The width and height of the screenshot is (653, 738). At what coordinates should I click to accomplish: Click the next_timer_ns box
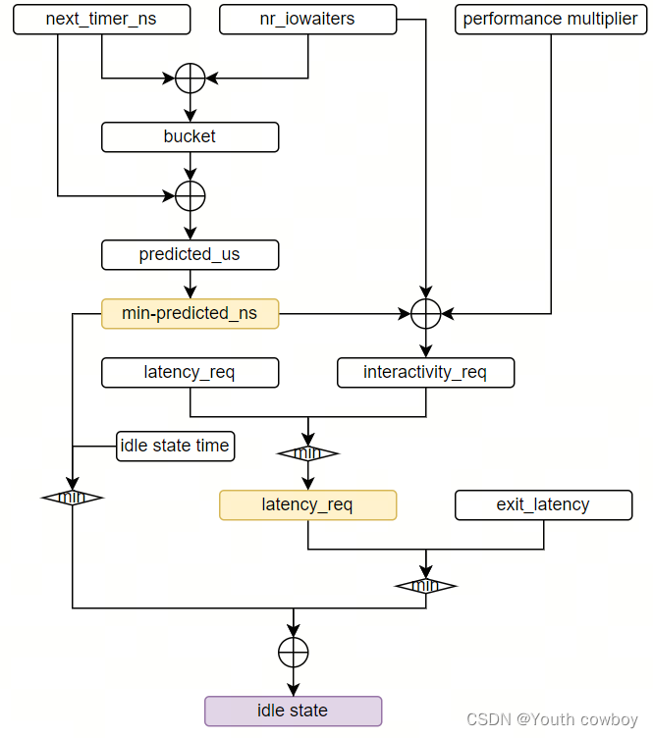coord(101,20)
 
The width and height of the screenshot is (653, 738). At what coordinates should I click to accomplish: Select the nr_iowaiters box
coord(307,20)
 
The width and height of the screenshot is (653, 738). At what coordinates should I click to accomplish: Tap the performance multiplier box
coord(550,20)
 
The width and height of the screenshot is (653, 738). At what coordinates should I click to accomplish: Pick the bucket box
coord(190,137)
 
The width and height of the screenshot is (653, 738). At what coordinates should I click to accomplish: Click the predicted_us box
coord(190,255)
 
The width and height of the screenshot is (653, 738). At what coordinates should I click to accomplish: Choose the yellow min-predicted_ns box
coord(190,314)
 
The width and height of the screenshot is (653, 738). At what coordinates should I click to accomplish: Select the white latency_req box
coord(190,373)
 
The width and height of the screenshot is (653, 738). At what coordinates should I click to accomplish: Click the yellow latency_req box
coord(307,505)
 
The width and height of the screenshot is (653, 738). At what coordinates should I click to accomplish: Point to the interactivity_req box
coord(425,373)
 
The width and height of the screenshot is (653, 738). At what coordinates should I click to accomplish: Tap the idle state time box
coord(175,447)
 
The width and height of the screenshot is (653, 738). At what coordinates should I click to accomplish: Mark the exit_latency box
coord(543,505)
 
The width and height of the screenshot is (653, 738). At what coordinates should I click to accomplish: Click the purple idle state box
coord(293,711)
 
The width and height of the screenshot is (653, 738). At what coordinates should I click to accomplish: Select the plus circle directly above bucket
coord(190,79)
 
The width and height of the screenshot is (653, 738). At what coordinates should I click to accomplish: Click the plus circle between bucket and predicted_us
coord(190,196)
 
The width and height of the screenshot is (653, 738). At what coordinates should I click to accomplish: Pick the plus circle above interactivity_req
coord(425,314)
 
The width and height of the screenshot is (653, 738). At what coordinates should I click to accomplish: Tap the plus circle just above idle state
coord(293,653)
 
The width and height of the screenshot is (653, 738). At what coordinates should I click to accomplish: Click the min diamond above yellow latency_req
coord(307,453)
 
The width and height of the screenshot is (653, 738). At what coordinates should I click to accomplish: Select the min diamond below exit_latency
coord(425,586)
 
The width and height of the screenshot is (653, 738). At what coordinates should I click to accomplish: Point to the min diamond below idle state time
coord(72,498)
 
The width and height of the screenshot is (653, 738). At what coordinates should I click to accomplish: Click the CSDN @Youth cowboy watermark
coord(552,720)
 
